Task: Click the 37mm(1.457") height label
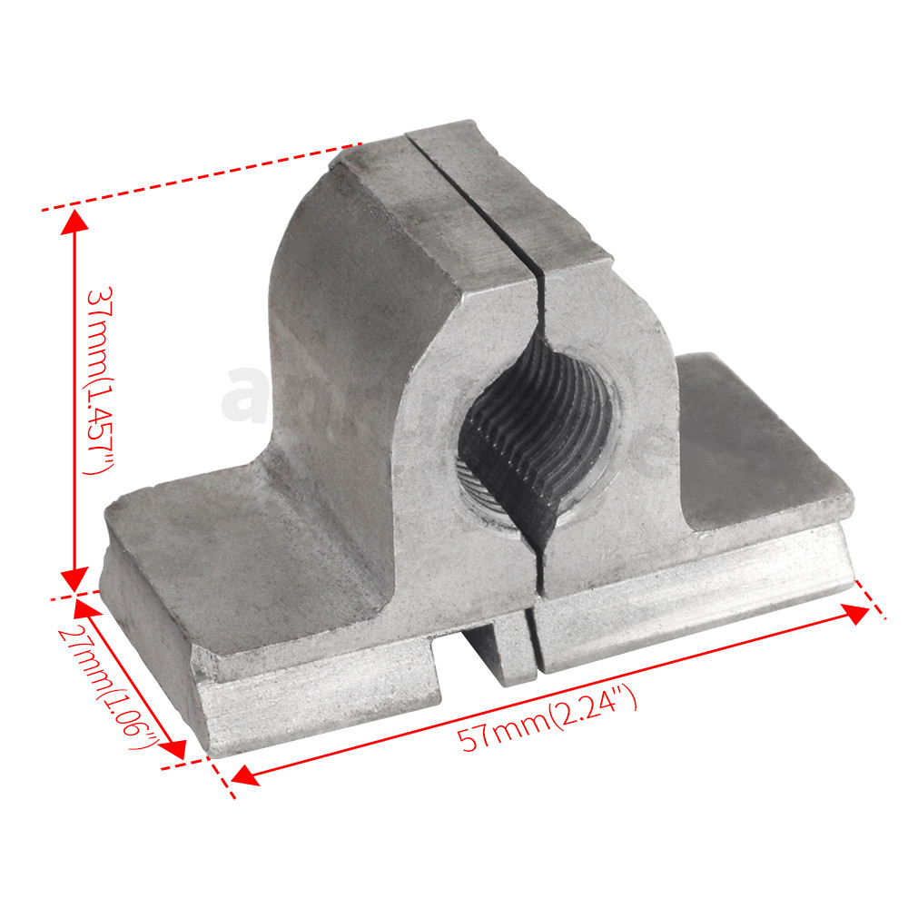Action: coord(98,381)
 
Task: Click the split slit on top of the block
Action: coord(472,200)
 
